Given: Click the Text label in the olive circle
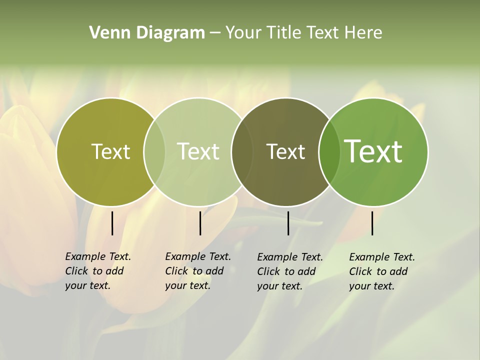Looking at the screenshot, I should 110,151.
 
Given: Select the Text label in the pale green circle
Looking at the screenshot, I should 198,151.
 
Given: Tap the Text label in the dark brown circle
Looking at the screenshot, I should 285,151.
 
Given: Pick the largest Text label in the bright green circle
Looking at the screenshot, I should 373,151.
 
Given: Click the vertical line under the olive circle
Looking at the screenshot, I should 112,223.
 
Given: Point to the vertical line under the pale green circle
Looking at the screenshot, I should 200,223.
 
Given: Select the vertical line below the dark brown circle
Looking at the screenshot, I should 288,223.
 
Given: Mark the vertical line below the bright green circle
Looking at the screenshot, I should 372,223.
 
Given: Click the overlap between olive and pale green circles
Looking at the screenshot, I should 154,151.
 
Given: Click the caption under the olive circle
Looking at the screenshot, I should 98,271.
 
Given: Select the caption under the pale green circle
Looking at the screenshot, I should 198,271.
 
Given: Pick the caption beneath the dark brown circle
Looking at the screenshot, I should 290,271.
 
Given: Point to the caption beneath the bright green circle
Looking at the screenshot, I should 382,271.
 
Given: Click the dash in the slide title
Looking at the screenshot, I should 215,33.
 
